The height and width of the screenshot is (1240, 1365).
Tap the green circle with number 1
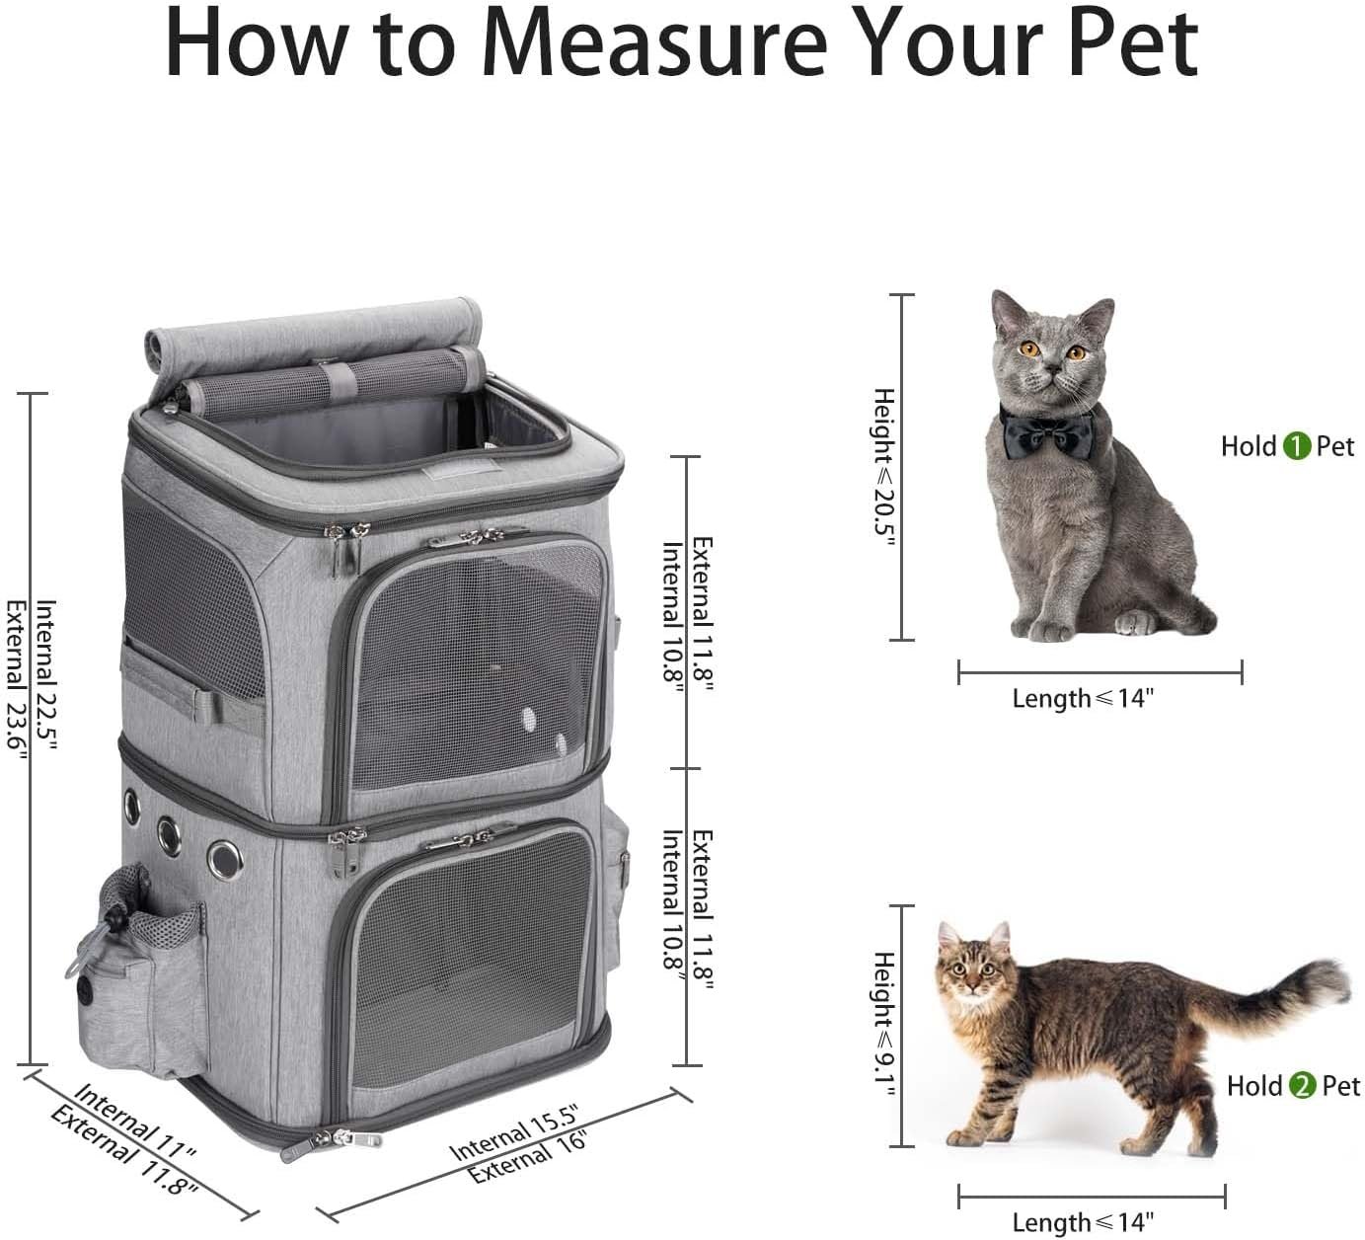1296,446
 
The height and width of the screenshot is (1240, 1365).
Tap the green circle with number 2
1302,1085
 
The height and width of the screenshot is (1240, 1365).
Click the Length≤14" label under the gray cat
1084,699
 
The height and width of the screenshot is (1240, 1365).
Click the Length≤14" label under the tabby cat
1084,1203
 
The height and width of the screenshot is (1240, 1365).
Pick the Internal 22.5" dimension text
46,674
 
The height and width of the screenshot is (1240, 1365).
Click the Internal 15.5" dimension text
514,1131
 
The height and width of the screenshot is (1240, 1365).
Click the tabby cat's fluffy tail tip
1335,980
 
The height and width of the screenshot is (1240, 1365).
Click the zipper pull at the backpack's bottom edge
332,1143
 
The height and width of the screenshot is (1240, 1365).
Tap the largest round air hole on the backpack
225,860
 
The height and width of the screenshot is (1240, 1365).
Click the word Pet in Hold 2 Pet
1340,1085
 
